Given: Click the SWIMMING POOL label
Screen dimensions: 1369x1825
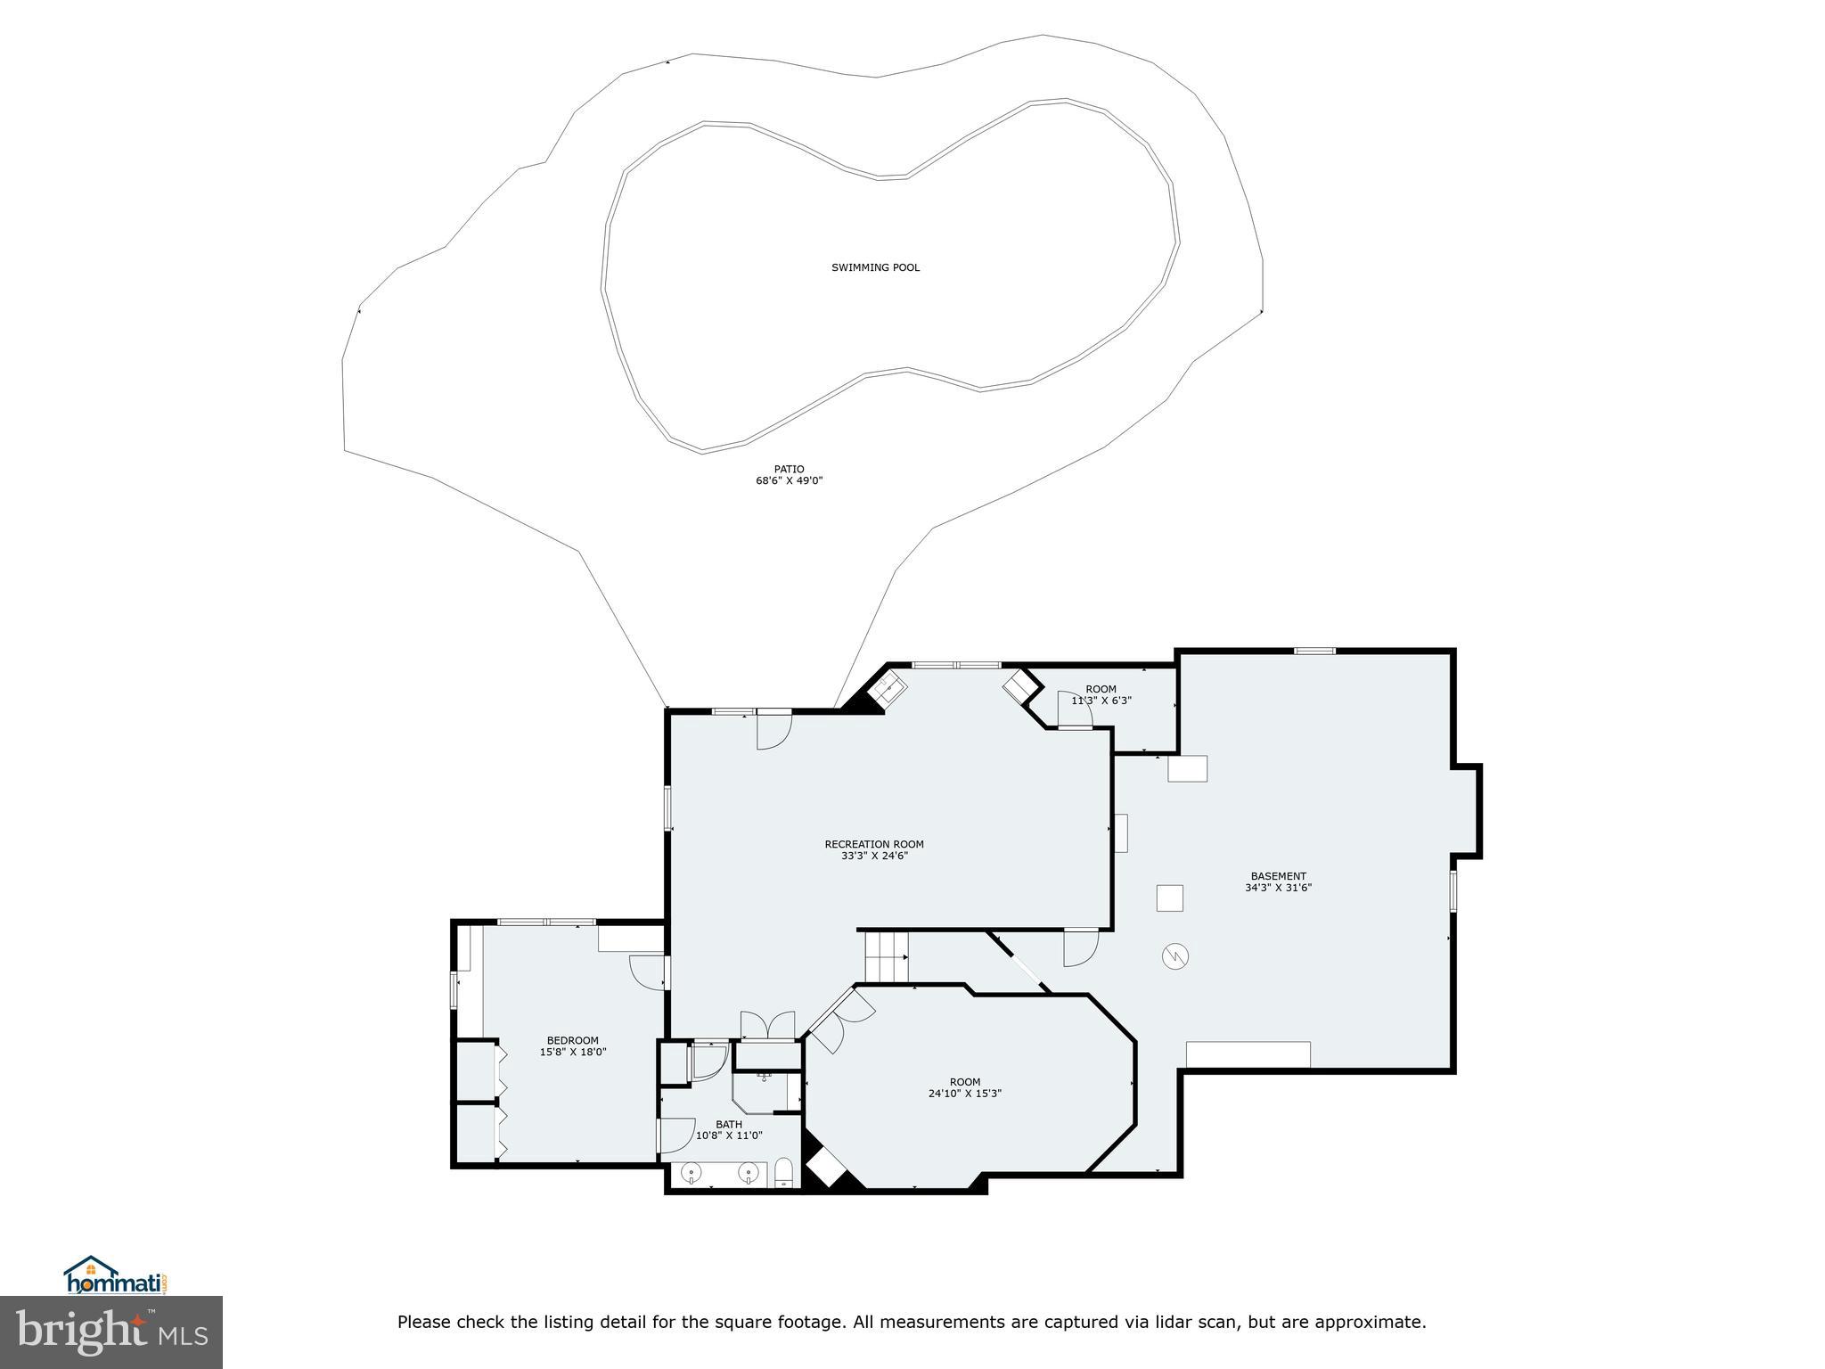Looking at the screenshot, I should coord(875,267).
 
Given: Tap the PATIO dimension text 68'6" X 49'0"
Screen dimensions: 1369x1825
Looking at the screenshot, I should coord(789,481).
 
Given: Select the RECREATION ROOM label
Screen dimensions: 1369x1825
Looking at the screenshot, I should coord(873,844).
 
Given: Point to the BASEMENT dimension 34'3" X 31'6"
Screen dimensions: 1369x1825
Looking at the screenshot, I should coord(1278,888).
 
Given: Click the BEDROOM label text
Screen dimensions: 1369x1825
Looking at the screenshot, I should coord(572,1040).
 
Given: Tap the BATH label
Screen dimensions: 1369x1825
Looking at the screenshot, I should coord(728,1124).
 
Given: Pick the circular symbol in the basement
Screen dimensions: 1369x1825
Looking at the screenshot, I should coord(1174,957).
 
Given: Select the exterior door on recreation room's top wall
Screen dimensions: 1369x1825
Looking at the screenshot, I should coord(773,729).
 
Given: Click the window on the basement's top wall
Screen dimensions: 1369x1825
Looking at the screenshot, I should coord(1314,651).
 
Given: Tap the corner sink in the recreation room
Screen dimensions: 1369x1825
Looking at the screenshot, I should coord(888,689).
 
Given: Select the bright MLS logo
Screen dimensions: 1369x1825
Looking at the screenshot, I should coord(111,1332).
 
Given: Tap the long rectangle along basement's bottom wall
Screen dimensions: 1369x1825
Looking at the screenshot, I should coord(1248,1053).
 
